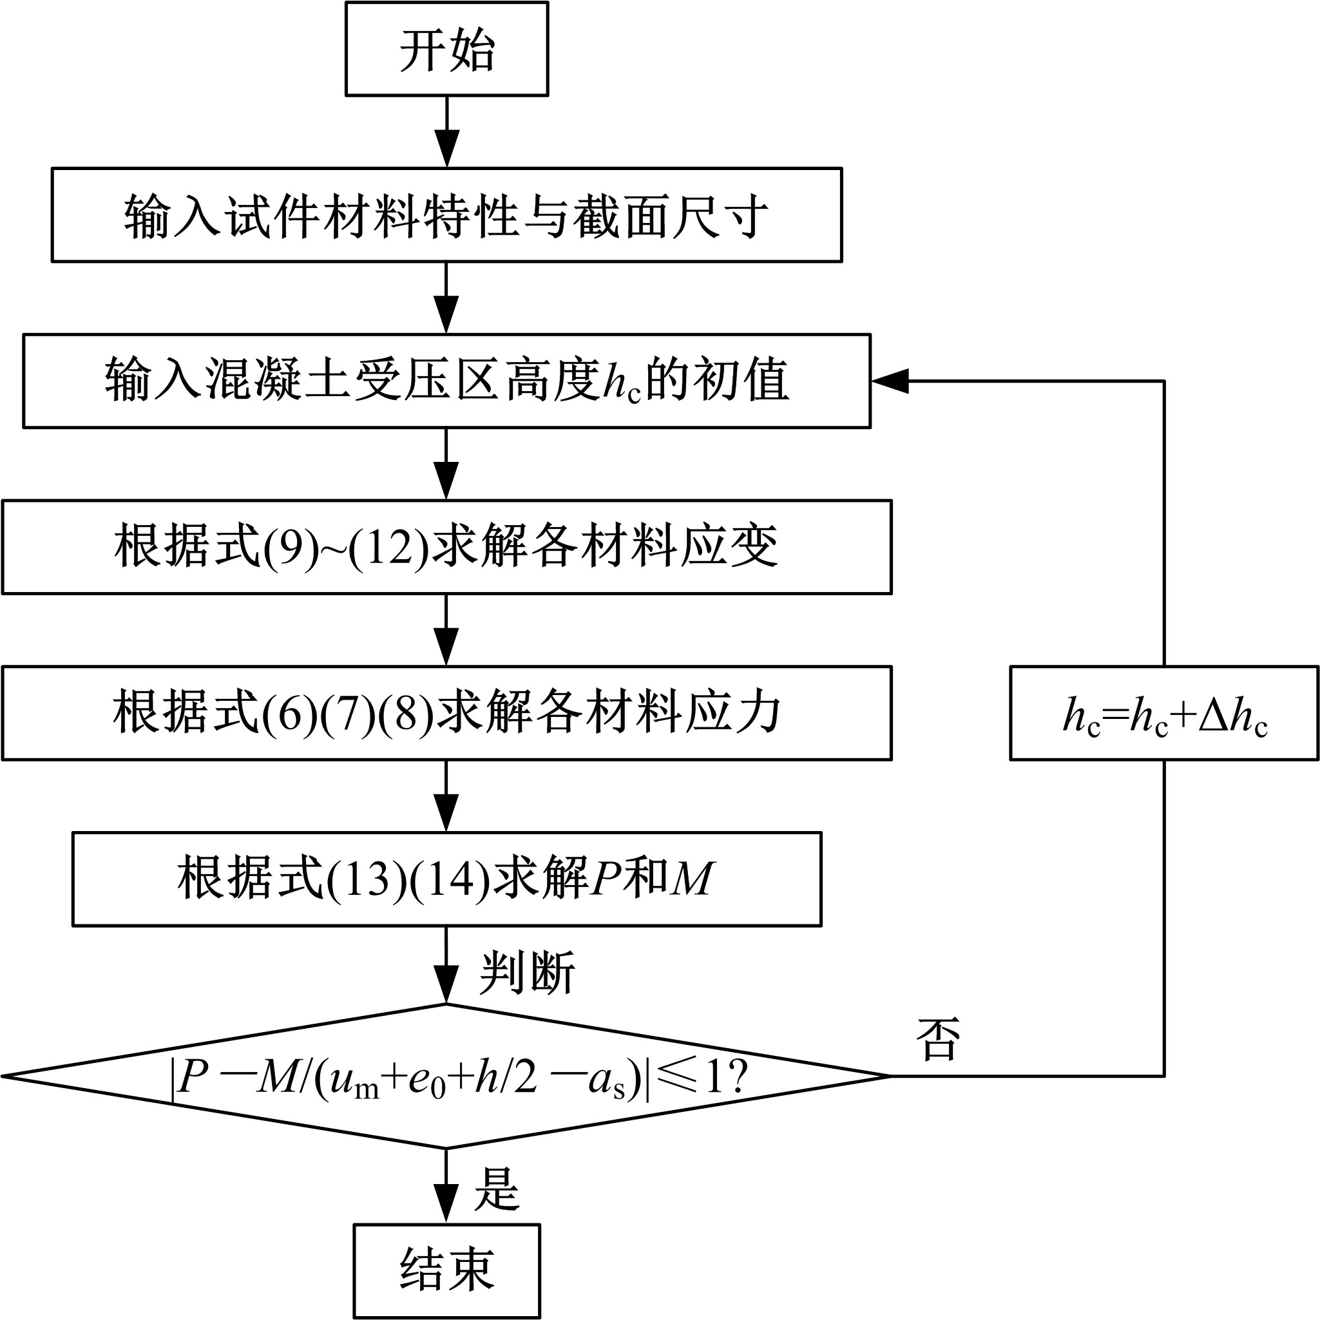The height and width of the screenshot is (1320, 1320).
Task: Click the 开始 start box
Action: (446, 49)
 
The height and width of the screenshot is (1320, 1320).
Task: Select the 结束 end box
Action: (446, 1270)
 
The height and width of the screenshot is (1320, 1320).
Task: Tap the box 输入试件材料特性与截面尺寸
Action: (446, 215)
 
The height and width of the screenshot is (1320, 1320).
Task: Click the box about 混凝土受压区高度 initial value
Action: (446, 381)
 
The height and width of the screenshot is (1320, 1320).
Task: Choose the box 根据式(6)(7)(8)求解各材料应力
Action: (446, 713)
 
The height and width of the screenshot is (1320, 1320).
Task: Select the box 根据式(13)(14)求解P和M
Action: (446, 879)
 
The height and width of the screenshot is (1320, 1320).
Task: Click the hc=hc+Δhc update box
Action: (1163, 713)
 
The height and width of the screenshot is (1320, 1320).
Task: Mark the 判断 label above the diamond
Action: (527, 972)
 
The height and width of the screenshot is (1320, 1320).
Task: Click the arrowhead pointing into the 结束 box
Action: (446, 1205)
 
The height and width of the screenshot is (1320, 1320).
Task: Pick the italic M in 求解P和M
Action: (691, 879)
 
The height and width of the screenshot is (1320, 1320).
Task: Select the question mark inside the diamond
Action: (736, 1078)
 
